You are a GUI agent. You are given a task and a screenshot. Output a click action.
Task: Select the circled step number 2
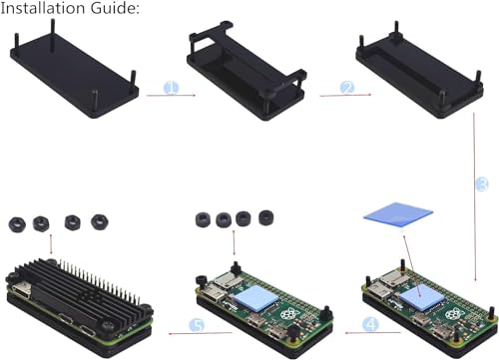346,88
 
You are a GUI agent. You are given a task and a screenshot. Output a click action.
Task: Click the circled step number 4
370,324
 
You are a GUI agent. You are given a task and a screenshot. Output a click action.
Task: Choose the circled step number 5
198,325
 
